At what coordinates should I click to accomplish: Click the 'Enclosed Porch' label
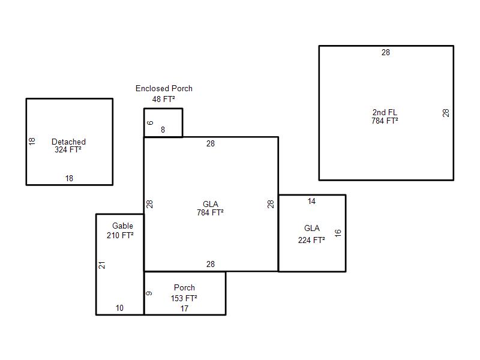(164, 88)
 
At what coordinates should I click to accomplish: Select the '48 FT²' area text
(163, 99)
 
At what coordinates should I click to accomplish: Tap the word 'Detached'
(68, 142)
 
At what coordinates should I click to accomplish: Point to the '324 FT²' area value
(68, 149)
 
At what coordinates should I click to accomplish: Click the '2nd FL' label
(385, 112)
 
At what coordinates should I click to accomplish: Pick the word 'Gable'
(123, 226)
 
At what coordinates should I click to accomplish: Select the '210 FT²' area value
(120, 235)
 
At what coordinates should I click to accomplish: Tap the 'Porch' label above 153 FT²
(184, 288)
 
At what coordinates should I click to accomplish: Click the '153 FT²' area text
(184, 298)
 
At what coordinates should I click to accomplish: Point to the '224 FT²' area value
(311, 240)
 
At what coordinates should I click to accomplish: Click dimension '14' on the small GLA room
(311, 201)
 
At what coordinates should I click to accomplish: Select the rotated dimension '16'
(338, 233)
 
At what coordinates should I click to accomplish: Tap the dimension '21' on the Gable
(101, 265)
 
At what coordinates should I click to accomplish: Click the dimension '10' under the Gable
(119, 308)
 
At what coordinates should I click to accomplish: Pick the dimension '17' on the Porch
(184, 308)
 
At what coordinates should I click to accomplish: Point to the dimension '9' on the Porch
(149, 293)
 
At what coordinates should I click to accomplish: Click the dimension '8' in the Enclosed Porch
(163, 130)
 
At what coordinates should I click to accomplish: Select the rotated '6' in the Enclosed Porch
(150, 123)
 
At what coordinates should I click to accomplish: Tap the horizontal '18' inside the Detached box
(69, 178)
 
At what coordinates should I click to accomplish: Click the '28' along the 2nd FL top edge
(386, 52)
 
